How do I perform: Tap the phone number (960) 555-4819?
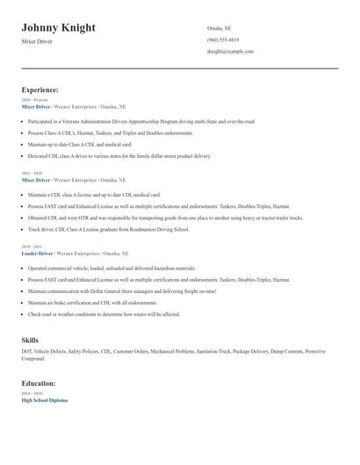pos(223,40)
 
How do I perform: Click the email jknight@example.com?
pos(230,52)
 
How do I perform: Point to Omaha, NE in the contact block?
pos(219,29)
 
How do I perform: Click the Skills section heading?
pos(30,338)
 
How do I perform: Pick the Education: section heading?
pos(39,383)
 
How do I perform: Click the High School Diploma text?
pos(44,400)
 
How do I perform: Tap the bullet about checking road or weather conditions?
pos(104,313)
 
